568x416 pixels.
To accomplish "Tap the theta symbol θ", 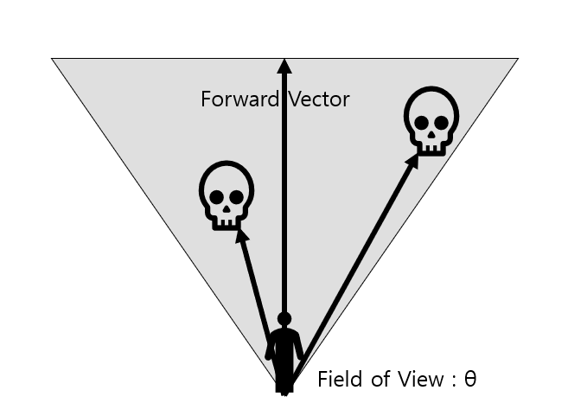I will tap(470, 379).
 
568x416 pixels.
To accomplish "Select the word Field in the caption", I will tap(338, 379).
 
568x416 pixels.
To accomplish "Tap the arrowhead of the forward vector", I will tap(284, 63).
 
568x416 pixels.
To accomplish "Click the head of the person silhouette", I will tap(284, 319).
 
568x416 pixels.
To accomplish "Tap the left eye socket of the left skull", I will tap(217, 196).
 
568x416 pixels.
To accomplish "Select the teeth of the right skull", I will tap(431, 146).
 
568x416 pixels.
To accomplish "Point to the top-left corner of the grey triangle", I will tap(54, 60).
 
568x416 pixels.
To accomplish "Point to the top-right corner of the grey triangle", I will tap(516, 60).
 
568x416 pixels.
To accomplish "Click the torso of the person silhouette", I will tap(284, 346).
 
